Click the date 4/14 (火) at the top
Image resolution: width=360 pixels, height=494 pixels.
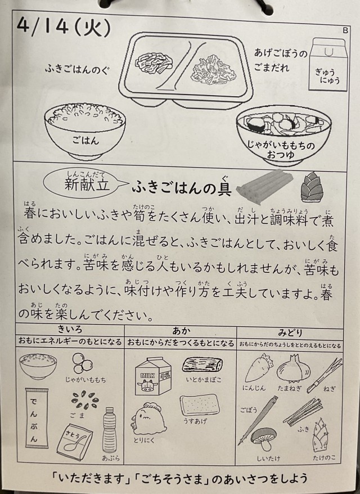64,28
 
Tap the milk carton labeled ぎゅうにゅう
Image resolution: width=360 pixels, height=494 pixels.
328,65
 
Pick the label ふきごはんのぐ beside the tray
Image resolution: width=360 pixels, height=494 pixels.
77,69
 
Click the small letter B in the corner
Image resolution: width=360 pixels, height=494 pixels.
345,30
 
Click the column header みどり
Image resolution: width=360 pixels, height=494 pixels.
290,333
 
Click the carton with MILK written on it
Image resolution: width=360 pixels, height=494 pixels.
153,376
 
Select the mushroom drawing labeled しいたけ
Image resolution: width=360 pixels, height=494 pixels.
263,439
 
